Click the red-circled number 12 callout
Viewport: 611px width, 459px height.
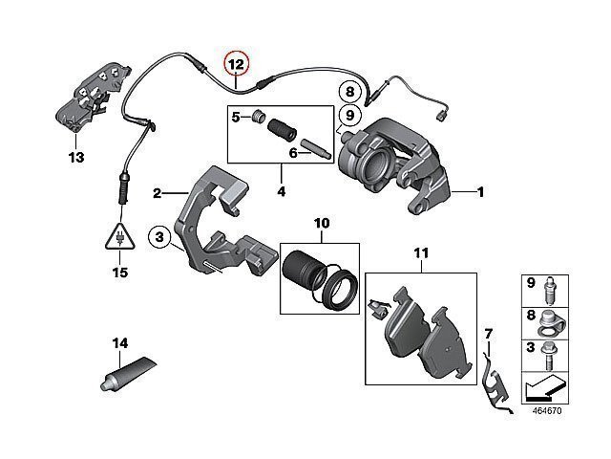[x=236, y=64]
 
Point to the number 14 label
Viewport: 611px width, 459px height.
[x=119, y=342]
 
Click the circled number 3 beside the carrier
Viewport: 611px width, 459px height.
[x=160, y=234]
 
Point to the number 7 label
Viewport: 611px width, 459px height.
[x=488, y=333]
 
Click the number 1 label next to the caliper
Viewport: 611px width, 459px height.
[x=481, y=192]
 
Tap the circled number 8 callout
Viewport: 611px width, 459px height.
[x=350, y=93]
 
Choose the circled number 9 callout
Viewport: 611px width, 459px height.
[x=350, y=116]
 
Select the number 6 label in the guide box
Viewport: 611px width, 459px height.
[x=293, y=152]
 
